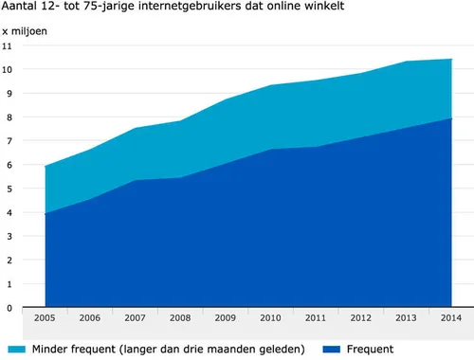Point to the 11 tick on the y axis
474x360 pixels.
point(8,45)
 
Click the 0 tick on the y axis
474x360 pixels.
point(9,308)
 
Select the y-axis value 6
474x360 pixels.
point(9,165)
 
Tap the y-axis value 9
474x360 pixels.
point(9,93)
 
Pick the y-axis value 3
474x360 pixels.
point(9,236)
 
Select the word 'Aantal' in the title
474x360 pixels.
point(22,8)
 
